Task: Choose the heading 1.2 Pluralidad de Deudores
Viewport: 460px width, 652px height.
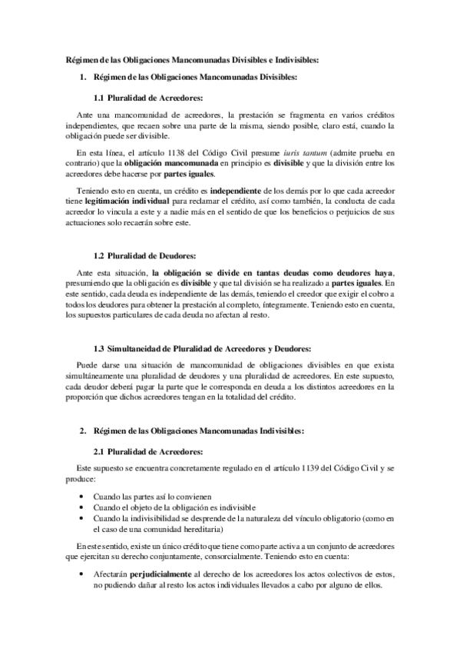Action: (x=144, y=254)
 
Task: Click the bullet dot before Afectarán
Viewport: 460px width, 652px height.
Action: (x=81, y=574)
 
